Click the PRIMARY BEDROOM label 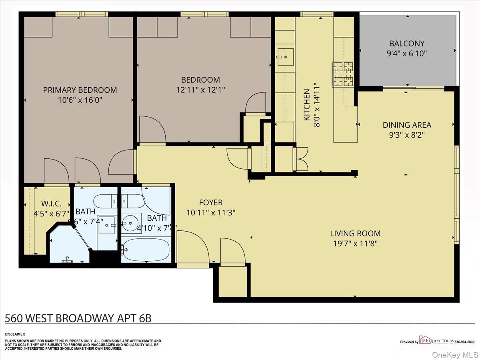(80, 90)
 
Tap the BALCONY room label (407, 43)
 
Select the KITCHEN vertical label (307, 105)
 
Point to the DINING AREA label (407, 125)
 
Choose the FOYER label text (210, 203)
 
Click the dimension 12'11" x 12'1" (200, 90)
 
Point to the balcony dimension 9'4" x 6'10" (407, 53)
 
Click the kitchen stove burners (343, 74)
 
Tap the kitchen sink (285, 56)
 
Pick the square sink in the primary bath (107, 225)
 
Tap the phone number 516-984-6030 (464, 342)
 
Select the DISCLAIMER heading (15, 334)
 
